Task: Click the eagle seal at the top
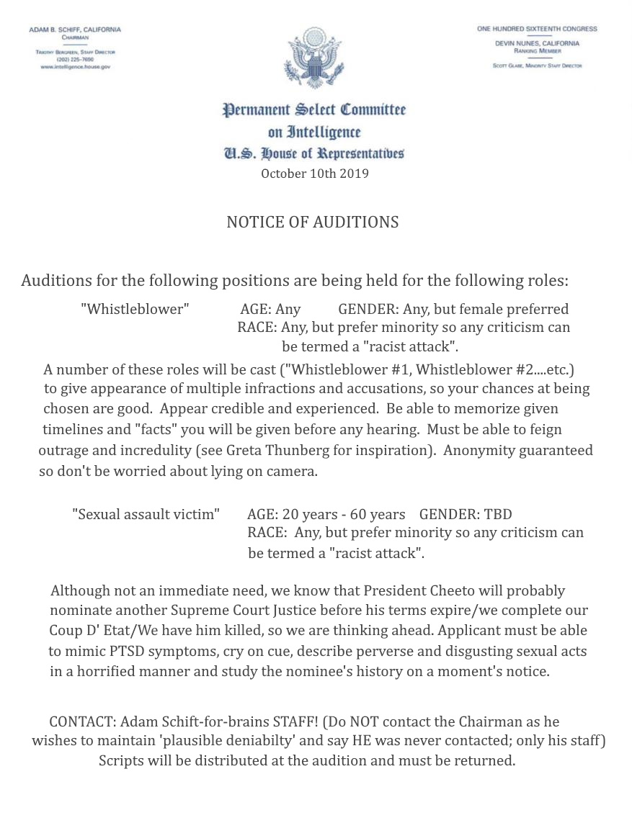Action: pyautogui.click(x=314, y=58)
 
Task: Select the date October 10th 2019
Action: pyautogui.click(x=315, y=174)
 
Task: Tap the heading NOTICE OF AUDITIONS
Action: pyautogui.click(x=313, y=222)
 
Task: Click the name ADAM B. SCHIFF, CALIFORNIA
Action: pyautogui.click(x=75, y=30)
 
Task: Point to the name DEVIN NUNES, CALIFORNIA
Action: pyautogui.click(x=537, y=43)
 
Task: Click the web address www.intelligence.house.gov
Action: pyautogui.click(x=75, y=66)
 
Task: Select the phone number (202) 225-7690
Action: pyautogui.click(x=75, y=59)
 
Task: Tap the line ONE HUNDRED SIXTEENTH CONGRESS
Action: pyautogui.click(x=537, y=29)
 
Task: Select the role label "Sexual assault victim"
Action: pyautogui.click(x=146, y=515)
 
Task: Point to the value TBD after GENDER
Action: pyautogui.click(x=498, y=515)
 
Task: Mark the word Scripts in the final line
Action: pyautogui.click(x=121, y=761)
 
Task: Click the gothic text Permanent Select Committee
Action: pyautogui.click(x=314, y=110)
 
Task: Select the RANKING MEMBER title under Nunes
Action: pyautogui.click(x=537, y=51)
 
